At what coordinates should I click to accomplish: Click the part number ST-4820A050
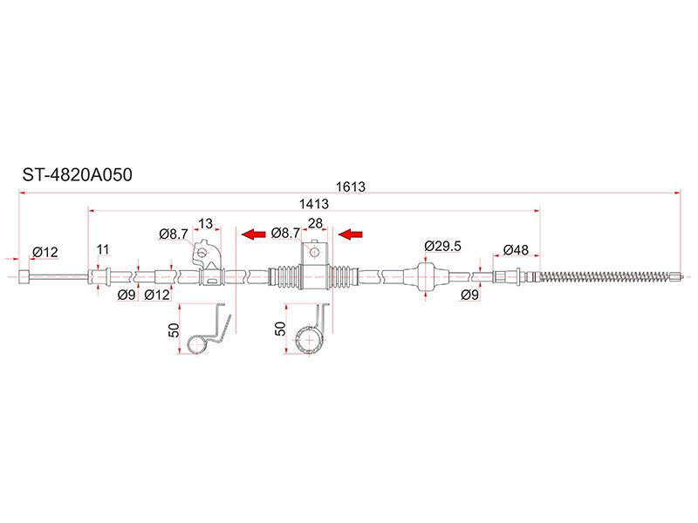coord(77,175)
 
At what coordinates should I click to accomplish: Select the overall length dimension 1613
coord(351,187)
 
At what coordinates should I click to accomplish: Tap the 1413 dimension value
coord(314,204)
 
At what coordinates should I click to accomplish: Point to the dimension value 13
coord(206,223)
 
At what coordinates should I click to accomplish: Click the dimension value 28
coord(315,223)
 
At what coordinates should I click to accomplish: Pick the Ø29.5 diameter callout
coord(442,246)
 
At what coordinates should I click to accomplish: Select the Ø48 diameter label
coord(516,250)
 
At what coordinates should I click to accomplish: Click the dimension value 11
coord(103,249)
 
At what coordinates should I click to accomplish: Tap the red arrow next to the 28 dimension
coord(351,234)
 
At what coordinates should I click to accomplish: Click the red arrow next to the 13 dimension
coord(253,234)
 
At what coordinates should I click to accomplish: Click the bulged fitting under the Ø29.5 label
coord(426,276)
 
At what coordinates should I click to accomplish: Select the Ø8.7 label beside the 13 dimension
coord(173,234)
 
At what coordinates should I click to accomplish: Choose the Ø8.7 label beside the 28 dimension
coord(285,233)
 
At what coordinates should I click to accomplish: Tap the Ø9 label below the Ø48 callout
coord(469,295)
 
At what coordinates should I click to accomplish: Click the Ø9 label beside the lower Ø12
coord(127,295)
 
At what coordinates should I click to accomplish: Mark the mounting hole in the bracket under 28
coord(315,253)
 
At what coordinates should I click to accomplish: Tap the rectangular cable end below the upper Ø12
coord(24,276)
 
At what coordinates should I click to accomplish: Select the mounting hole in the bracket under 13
coord(202,253)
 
